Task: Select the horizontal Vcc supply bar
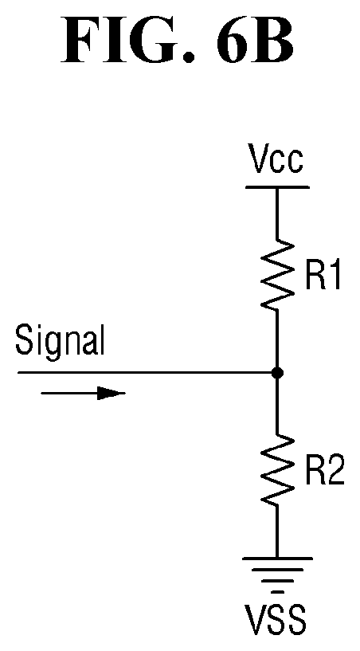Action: tap(277, 187)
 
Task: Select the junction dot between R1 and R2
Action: tap(277, 373)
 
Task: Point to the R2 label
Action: tap(325, 472)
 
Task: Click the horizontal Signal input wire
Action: tap(147, 373)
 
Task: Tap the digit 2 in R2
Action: tap(335, 472)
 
